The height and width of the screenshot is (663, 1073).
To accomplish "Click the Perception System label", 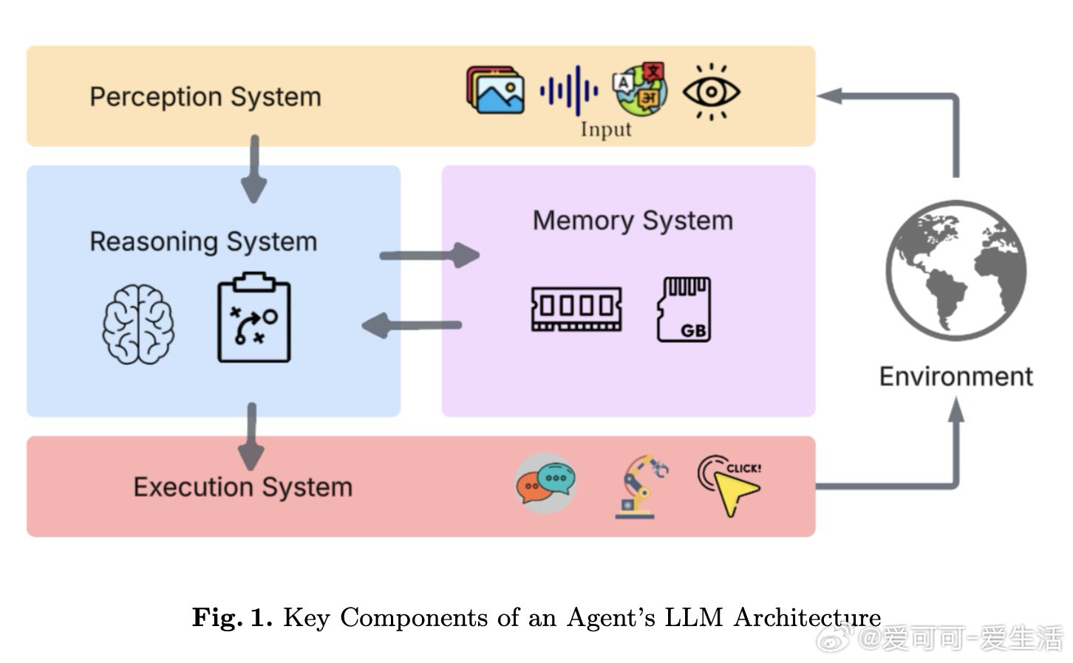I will [x=205, y=97].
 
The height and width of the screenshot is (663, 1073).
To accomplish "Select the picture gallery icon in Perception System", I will [x=495, y=90].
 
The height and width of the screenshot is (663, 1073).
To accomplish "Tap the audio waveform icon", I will [x=568, y=90].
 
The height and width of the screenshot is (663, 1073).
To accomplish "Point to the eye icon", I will [x=710, y=92].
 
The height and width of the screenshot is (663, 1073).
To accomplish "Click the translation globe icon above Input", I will [x=640, y=89].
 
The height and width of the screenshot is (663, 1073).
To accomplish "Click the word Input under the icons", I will [x=605, y=129].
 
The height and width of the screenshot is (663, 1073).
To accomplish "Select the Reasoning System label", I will [x=203, y=241].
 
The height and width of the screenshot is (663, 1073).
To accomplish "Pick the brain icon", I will [x=138, y=323].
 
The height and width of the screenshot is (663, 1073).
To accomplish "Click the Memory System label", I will [x=633, y=220].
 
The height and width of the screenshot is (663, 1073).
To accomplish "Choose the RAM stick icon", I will [x=576, y=308].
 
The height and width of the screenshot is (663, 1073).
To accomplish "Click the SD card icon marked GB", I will [x=684, y=309].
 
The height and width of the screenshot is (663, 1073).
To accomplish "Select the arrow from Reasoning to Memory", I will [x=429, y=255].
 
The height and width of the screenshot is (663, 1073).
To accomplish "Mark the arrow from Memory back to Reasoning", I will [x=412, y=325].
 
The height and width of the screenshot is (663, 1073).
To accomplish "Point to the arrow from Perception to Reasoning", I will [x=253, y=168].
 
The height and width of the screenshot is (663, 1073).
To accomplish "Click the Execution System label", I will [x=242, y=487].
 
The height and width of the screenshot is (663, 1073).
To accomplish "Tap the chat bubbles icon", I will [x=545, y=483].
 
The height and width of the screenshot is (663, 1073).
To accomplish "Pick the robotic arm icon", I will [x=640, y=485].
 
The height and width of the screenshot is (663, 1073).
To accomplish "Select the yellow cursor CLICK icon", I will [x=729, y=484].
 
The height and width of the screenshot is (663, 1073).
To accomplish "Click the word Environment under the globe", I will [x=956, y=377].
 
